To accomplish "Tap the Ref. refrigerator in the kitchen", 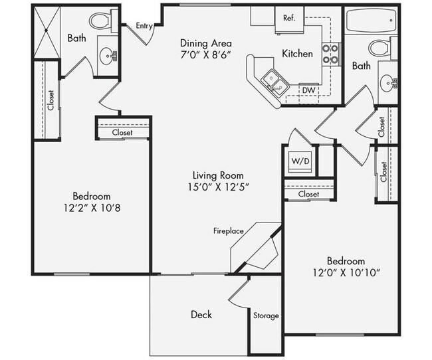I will [x=289, y=18].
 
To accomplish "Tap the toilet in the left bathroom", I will [x=101, y=21].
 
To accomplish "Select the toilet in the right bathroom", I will [x=379, y=48].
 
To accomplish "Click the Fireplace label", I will [x=228, y=231].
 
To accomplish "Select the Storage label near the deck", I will [x=266, y=315].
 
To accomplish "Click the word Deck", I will [x=201, y=314].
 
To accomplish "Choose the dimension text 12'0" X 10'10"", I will [x=346, y=273].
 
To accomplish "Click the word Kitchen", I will [x=297, y=53].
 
